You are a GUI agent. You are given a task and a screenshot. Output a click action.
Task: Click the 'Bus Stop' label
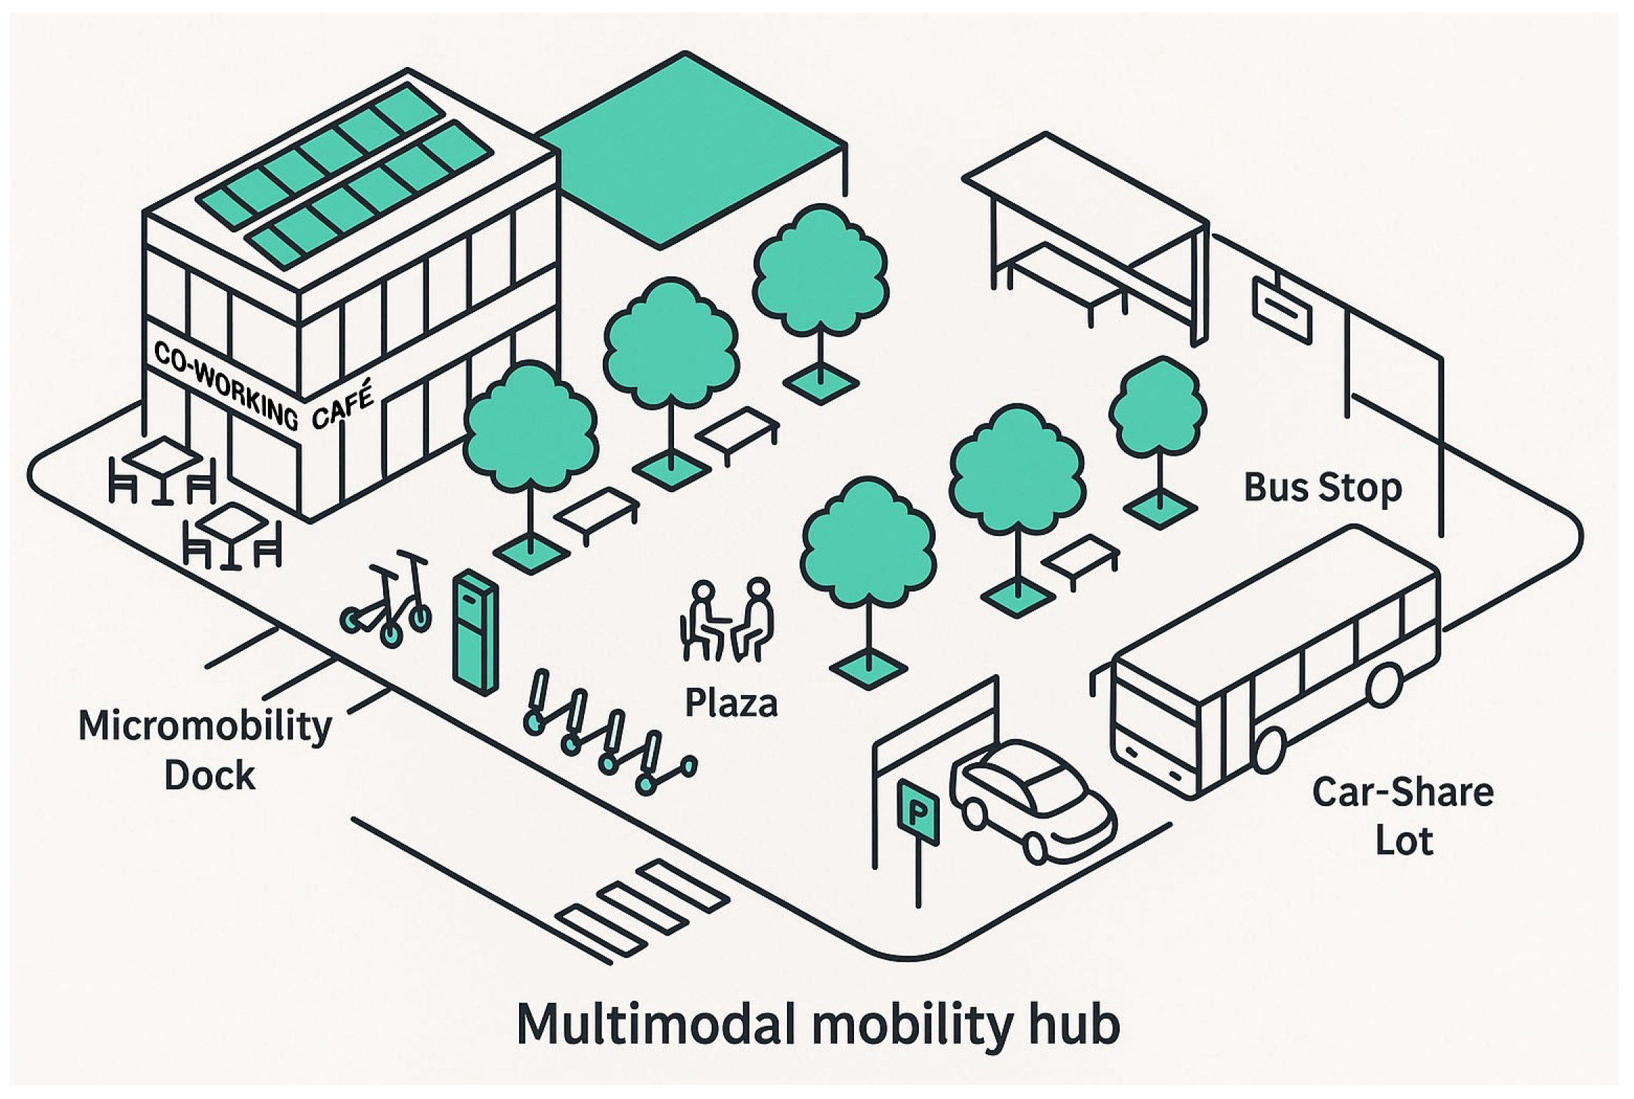pyautogui.click(x=1322, y=487)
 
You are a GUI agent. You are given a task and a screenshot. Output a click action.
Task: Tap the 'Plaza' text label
pyautogui.click(x=730, y=703)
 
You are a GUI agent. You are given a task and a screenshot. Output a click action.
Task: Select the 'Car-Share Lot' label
pyautogui.click(x=1404, y=816)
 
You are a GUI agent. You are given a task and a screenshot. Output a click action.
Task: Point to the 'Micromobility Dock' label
pyautogui.click(x=205, y=751)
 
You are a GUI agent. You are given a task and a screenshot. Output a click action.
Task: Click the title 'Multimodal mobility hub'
pyautogui.click(x=818, y=1025)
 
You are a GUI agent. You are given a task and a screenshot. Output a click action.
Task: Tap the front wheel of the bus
pyautogui.click(x=1270, y=751)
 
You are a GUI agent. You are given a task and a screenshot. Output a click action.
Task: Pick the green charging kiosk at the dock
pyautogui.click(x=474, y=631)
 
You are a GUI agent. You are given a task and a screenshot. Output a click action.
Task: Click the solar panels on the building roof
pyautogui.click(x=343, y=175)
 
